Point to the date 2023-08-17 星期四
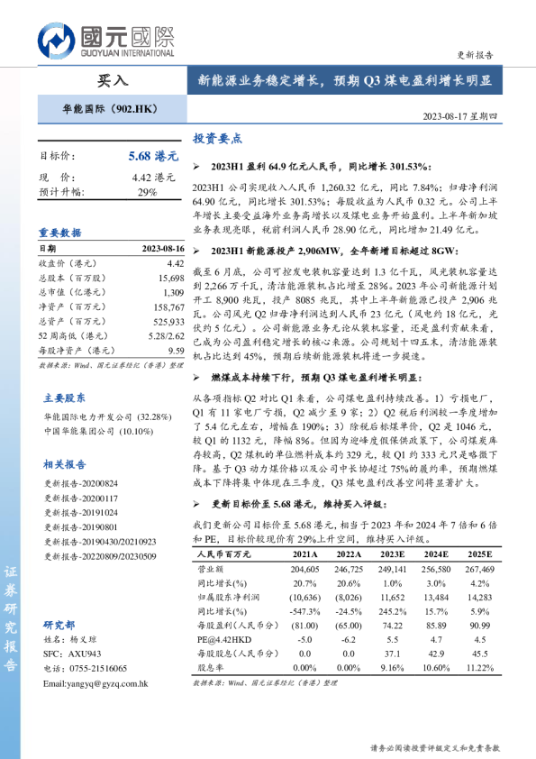pyautogui.click(x=459, y=116)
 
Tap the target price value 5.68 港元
pyautogui.click(x=153, y=156)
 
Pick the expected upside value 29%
pyautogui.click(x=147, y=192)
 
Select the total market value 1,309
pyautogui.click(x=173, y=293)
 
